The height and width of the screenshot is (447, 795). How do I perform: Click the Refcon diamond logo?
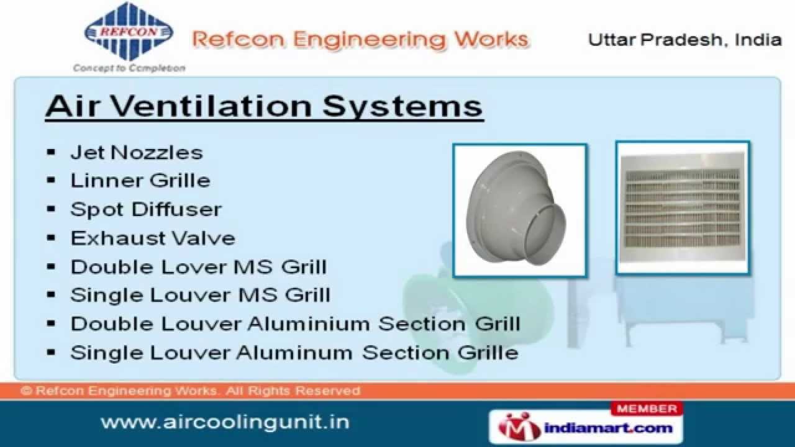pyautogui.click(x=129, y=31)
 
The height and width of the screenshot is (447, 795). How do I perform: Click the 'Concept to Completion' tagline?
pyautogui.click(x=129, y=68)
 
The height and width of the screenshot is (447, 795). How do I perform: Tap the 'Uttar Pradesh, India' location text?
pyautogui.click(x=684, y=40)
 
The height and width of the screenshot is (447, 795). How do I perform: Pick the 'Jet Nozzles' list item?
pyautogui.click(x=137, y=152)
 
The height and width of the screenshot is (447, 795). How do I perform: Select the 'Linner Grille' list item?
pyautogui.click(x=140, y=181)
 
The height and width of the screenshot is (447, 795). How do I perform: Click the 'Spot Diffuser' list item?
pyautogui.click(x=146, y=209)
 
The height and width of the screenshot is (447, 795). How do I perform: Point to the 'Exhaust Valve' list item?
pyautogui.click(x=153, y=238)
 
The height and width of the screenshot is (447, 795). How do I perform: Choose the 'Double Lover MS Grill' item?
pyautogui.click(x=198, y=267)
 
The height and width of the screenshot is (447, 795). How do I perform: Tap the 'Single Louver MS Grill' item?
pyautogui.click(x=200, y=295)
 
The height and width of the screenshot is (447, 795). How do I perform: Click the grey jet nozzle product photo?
pyautogui.click(x=520, y=210)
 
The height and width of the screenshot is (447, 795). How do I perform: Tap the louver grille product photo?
pyautogui.click(x=683, y=208)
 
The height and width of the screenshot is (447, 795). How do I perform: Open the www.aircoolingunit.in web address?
pyautogui.click(x=225, y=423)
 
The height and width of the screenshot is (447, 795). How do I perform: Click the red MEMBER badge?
pyautogui.click(x=647, y=409)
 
